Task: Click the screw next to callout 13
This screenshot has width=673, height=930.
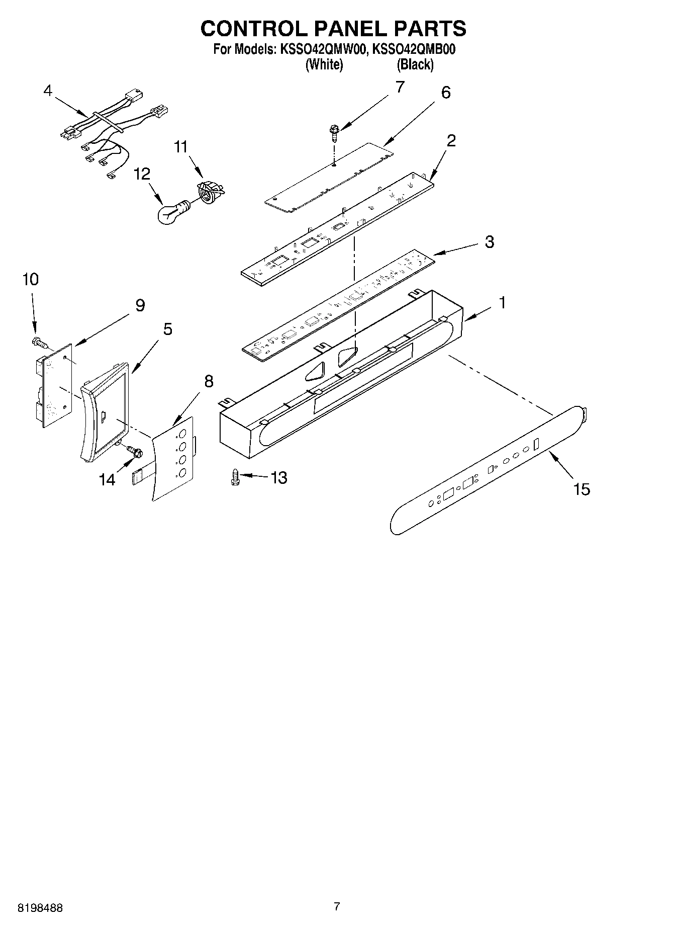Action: [x=234, y=476]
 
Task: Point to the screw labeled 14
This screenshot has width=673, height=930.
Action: [x=134, y=451]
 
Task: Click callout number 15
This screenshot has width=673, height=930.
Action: [x=582, y=488]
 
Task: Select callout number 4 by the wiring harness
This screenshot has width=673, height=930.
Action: [x=48, y=91]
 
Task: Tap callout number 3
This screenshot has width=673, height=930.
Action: [x=489, y=242]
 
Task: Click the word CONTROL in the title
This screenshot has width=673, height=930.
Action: [x=250, y=29]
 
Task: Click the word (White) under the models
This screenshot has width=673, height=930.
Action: [x=324, y=64]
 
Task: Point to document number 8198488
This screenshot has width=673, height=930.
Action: [x=40, y=907]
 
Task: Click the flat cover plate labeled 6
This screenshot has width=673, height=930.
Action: [x=329, y=174]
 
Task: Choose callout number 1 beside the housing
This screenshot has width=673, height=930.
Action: [x=501, y=303]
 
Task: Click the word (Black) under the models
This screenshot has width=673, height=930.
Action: [x=415, y=64]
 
